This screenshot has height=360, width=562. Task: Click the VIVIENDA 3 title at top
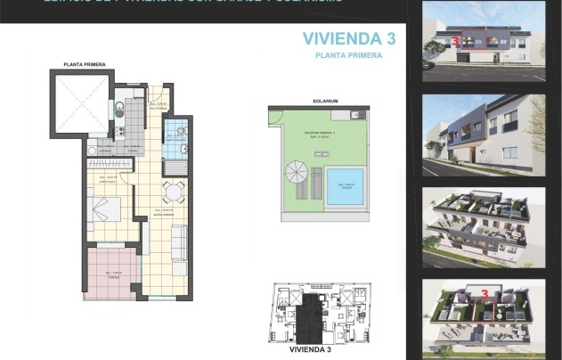[348, 38]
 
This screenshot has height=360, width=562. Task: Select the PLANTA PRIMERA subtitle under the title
[348, 55]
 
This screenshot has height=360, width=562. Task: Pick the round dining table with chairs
[173, 191]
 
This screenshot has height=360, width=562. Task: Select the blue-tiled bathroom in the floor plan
[176, 138]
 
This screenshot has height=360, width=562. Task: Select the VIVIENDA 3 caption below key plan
[317, 350]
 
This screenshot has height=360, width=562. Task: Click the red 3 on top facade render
[455, 41]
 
